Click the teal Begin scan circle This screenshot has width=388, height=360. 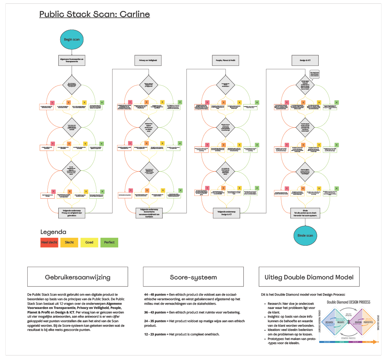[x=71, y=39]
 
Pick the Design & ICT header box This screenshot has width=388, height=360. [x=304, y=60]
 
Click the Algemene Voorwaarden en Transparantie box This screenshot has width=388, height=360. [x=72, y=60]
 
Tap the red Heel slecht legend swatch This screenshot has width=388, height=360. [x=49, y=242]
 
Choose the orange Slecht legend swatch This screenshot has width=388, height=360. [x=69, y=242]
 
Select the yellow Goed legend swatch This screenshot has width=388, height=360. [x=89, y=242]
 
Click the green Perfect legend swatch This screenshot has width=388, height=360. [x=109, y=242]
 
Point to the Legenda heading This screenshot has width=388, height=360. [x=53, y=232]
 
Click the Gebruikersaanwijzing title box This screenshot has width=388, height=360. [x=77, y=277]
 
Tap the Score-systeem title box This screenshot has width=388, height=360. [x=193, y=277]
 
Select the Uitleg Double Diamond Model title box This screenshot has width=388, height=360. [x=309, y=277]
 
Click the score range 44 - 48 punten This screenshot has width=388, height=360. [x=155, y=294]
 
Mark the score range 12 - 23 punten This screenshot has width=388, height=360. [x=155, y=334]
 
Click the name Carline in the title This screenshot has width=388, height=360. [x=135, y=14]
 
